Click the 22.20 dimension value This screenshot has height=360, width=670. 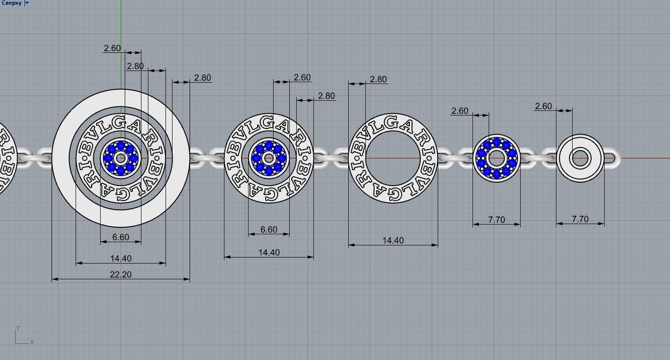click(121, 275)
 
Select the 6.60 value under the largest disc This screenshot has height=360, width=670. click(121, 237)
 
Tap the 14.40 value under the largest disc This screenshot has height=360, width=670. click(121, 258)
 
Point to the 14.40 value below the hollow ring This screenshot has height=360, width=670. click(393, 240)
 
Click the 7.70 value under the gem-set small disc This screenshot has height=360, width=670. click(496, 219)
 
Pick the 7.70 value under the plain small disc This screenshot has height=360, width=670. click(580, 219)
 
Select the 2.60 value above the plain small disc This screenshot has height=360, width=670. click(543, 106)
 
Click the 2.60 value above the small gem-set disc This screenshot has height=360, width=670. click(459, 111)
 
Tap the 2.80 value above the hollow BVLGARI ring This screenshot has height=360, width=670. click(378, 79)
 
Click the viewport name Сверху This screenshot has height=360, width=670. click(11, 3)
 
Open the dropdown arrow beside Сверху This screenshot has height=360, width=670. click(27, 3)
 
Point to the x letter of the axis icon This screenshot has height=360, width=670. click(32, 342)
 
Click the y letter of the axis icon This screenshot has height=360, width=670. click(18, 327)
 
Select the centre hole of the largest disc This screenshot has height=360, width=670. click(121, 158)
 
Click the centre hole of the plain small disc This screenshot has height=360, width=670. click(580, 158)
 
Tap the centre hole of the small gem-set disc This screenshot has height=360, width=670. click(497, 158)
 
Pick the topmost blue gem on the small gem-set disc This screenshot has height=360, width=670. click(497, 142)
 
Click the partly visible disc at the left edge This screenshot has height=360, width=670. click(6, 158)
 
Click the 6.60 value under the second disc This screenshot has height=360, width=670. click(268, 230)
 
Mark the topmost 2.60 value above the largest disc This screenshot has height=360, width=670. click(112, 48)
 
